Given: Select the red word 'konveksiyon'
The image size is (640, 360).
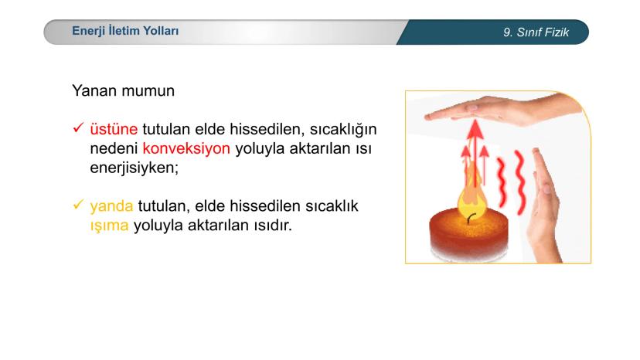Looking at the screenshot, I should point(186,148).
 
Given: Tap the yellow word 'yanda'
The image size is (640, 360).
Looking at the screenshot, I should point(111,207).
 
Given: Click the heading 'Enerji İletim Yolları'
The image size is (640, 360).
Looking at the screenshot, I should point(124,32).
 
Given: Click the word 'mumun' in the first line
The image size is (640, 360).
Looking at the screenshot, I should point(151,90).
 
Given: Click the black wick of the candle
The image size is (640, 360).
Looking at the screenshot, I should point(468,218).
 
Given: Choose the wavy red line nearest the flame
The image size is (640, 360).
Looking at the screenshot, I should point(501,178).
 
